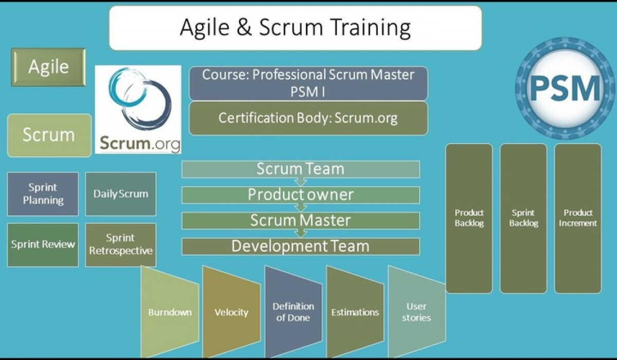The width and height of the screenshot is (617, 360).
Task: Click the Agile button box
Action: tap(48, 67)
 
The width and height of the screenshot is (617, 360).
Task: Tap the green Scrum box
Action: tap(49, 135)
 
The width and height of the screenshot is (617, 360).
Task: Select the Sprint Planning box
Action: tap(43, 193)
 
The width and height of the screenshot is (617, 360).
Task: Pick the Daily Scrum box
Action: tap(120, 193)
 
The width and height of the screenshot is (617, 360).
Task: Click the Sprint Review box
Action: tap(43, 244)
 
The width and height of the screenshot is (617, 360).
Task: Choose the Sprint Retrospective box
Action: tap(120, 244)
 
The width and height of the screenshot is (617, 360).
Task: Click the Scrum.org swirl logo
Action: tap(138, 109)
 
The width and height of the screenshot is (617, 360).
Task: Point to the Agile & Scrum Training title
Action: tap(295, 28)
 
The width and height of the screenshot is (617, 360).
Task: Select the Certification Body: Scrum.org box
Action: tap(308, 118)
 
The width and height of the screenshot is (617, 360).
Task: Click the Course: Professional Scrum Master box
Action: tap(308, 83)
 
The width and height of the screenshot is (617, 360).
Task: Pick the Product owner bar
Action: tap(301, 195)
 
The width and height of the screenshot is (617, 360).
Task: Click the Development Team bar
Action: tap(301, 246)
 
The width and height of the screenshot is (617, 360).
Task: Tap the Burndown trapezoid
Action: tap(170, 312)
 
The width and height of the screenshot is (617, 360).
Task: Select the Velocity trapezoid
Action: tap(231, 312)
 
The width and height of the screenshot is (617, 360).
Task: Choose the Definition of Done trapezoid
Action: tap(293, 312)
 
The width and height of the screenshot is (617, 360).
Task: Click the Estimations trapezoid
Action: tap(354, 312)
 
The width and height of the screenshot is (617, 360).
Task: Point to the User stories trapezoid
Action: tap(416, 312)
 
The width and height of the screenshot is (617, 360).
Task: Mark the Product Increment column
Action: tap(577, 218)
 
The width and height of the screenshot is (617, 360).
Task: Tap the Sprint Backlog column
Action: tap(523, 218)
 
